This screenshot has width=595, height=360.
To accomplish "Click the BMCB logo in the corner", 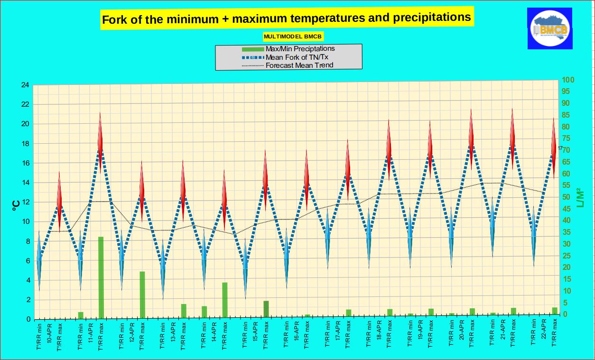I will pyautogui.click(x=549, y=28).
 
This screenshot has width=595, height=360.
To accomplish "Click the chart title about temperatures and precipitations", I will pyautogui.click(x=287, y=18).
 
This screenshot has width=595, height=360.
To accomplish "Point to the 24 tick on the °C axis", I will pyautogui.click(x=25, y=85).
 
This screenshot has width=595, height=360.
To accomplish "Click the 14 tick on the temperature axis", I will pyautogui.click(x=25, y=183).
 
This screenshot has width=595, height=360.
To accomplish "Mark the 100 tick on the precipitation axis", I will pyautogui.click(x=568, y=80).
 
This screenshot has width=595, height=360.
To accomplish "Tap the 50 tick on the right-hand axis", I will pyautogui.click(x=567, y=197).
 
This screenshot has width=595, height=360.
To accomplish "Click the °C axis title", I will pyautogui.click(x=15, y=204).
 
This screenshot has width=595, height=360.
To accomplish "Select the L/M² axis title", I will pyautogui.click(x=580, y=198).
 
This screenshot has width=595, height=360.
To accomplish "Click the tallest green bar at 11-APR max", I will pyautogui.click(x=101, y=277).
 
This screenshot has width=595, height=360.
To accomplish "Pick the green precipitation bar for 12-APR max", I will pyautogui.click(x=142, y=295).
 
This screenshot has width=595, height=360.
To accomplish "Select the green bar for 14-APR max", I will pyautogui.click(x=225, y=300).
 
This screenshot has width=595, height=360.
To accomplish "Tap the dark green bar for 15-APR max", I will pyautogui.click(x=266, y=309).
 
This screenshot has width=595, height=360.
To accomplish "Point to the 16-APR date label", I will pyautogui.click(x=297, y=334).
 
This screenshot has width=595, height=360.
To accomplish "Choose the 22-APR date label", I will pyautogui.click(x=544, y=334).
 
